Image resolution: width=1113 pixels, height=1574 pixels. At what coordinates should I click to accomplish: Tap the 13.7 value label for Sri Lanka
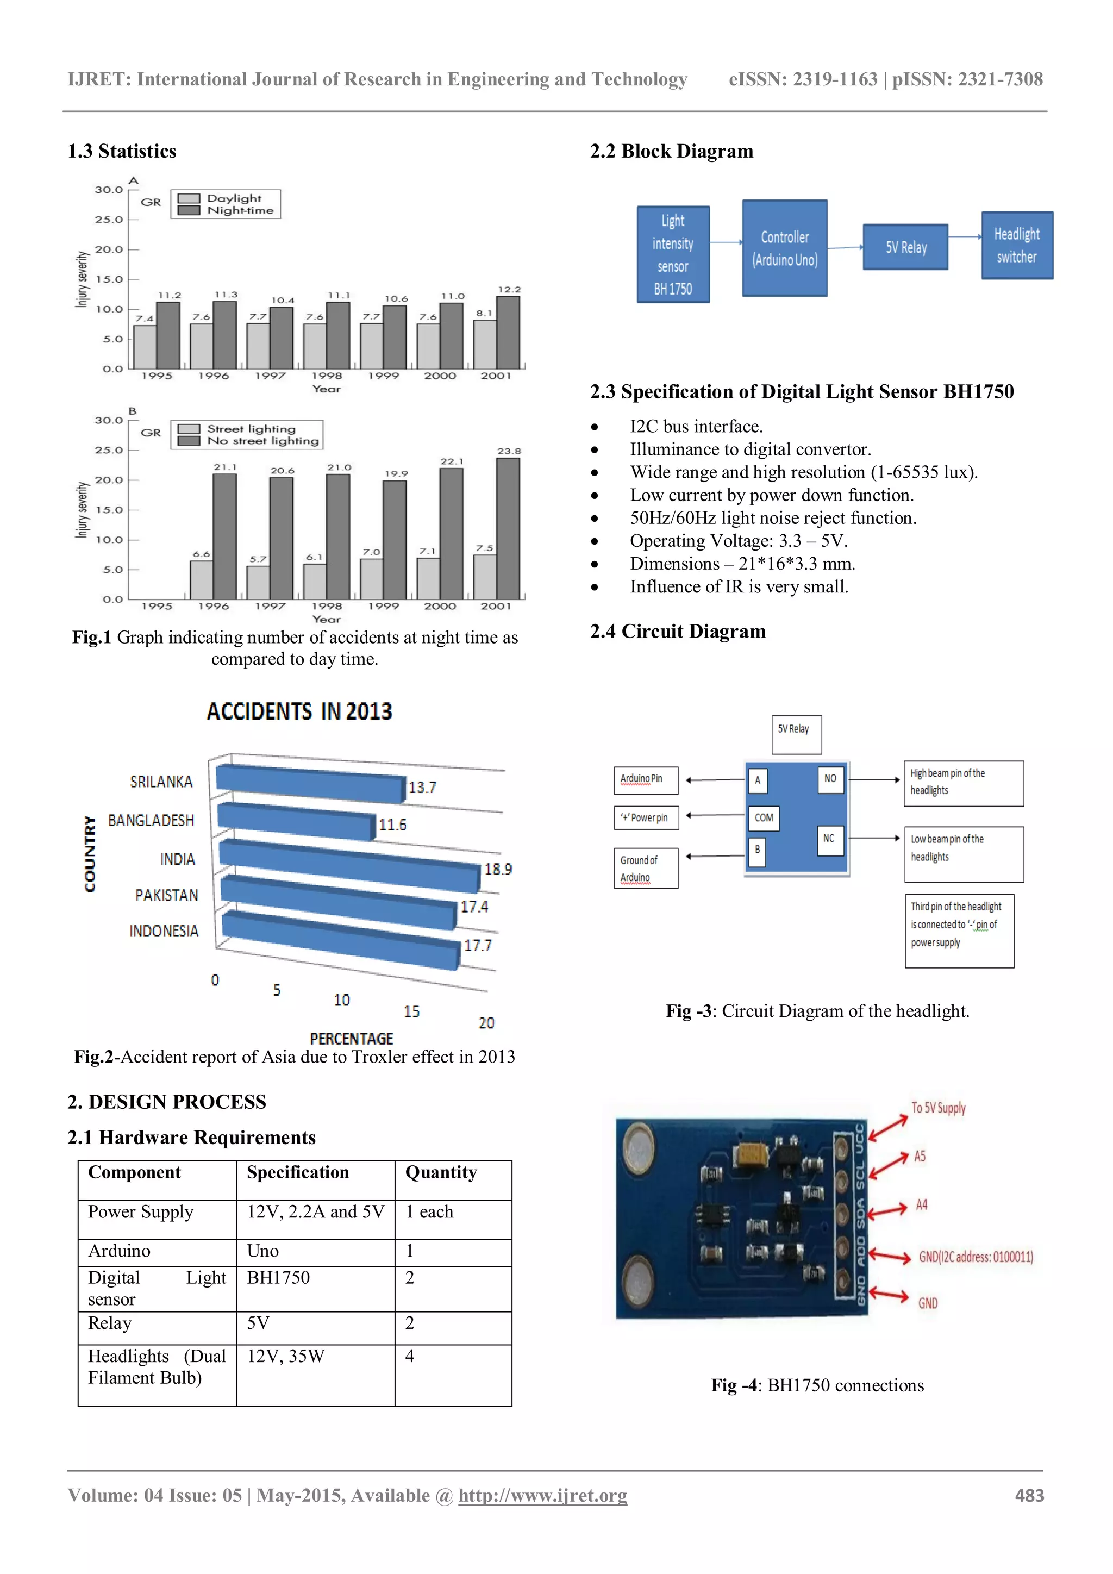pos(422,788)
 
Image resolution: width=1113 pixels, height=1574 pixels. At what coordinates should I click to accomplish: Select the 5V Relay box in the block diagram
pos(905,247)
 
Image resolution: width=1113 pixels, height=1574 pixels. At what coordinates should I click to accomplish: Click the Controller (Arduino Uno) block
pos(785,248)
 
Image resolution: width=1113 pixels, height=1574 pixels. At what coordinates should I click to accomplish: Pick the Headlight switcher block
pos(1016,246)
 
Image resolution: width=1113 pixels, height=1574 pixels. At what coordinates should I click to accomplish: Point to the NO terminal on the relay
pos(830,779)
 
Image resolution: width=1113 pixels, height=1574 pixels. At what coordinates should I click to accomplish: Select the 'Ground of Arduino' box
pos(646,869)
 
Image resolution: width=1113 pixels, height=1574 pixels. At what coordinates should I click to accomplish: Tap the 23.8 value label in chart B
pos(509,451)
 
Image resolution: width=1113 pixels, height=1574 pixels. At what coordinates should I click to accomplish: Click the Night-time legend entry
pos(240,210)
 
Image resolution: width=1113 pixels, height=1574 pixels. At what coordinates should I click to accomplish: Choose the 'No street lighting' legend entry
pos(262,441)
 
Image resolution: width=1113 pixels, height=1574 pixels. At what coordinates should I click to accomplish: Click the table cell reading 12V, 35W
pos(286,1356)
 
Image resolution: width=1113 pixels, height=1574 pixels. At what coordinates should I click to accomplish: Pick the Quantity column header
pos(441,1173)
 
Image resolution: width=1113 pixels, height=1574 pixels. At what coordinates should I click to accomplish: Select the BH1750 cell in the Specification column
pos(278,1277)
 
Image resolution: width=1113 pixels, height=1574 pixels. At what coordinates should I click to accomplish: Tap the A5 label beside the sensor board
pos(920,1157)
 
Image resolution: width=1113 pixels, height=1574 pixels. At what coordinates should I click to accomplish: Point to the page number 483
pos(1029,1495)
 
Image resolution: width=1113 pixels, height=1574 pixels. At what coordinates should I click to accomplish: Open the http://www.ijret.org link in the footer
pos(542,1495)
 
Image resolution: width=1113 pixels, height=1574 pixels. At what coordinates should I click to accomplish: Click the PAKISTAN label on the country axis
pos(166,895)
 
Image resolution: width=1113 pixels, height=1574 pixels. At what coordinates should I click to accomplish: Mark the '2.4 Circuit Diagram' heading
pos(678,632)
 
